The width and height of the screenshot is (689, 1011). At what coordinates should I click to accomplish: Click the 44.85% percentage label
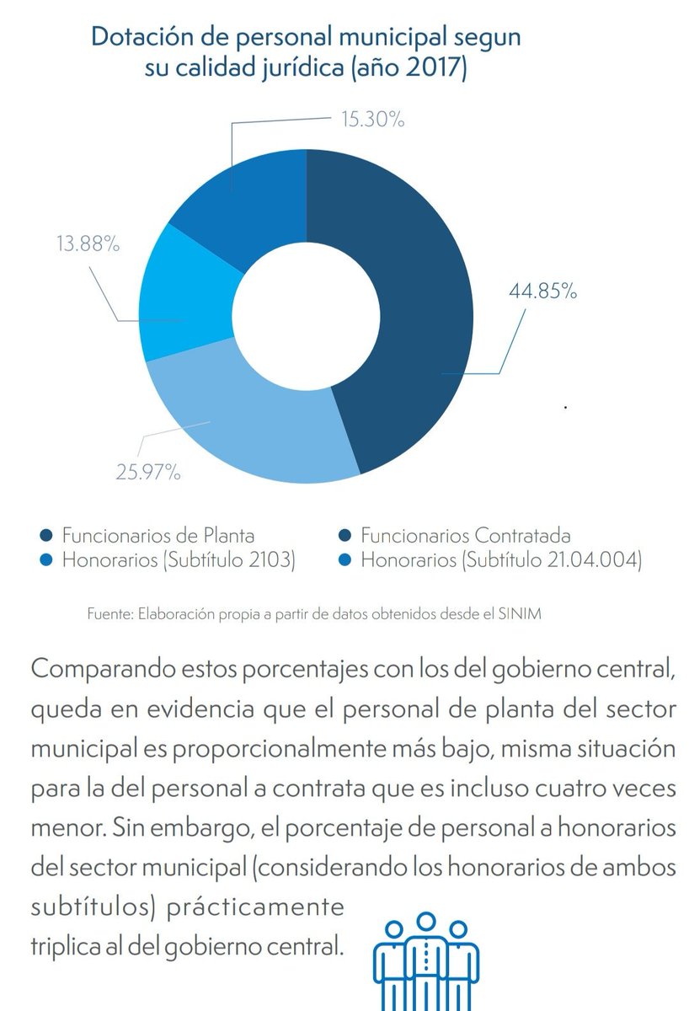point(542,292)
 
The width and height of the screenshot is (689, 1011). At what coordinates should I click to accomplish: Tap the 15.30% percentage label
point(372,119)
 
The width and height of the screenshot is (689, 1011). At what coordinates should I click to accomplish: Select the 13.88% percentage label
point(88,243)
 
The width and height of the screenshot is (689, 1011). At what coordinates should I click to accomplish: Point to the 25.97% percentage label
point(148,472)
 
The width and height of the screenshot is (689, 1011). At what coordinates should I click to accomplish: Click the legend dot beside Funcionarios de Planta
point(46,536)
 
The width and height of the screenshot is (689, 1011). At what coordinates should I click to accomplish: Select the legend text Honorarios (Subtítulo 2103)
point(179,560)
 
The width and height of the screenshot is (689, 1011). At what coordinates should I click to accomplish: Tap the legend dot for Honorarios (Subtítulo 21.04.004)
point(344,560)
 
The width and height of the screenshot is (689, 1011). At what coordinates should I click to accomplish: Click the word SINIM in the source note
point(520,614)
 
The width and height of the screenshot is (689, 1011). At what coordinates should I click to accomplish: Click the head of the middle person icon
point(425,922)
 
